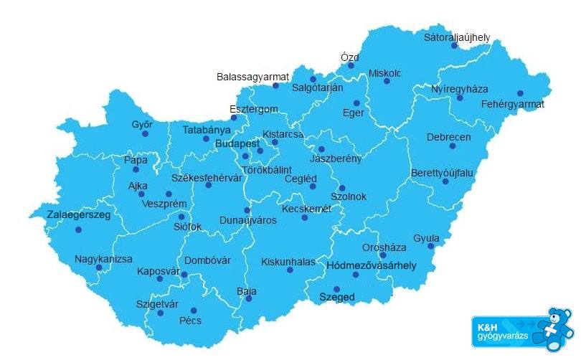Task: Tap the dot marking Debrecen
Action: (x=453, y=146)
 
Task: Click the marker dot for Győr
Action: (x=145, y=133)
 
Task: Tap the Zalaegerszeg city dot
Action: (x=78, y=230)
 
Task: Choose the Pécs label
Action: (x=190, y=321)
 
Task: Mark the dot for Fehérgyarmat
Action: (x=520, y=93)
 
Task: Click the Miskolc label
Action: (x=385, y=73)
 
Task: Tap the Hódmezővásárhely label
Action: (x=371, y=266)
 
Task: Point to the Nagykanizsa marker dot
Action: (x=99, y=268)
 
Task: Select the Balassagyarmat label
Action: (x=252, y=77)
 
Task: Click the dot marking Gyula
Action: (x=431, y=247)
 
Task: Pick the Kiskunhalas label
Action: (x=288, y=262)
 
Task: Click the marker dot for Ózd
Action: (x=351, y=65)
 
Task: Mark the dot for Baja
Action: (x=249, y=299)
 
